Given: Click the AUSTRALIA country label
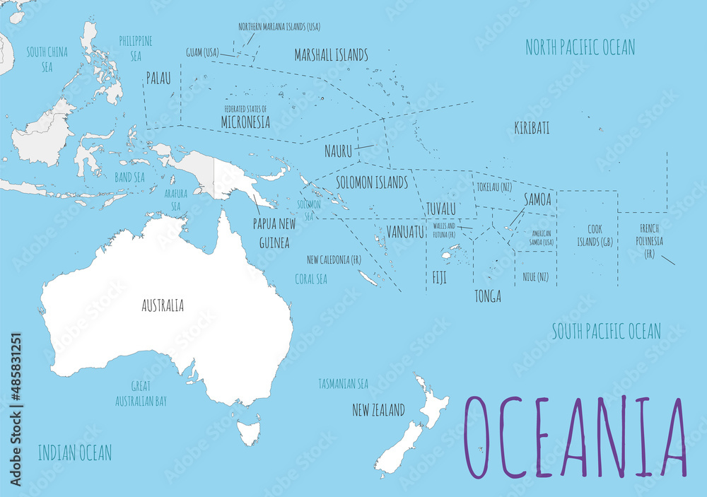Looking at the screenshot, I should point(163,305).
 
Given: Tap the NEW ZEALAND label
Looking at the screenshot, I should point(378,410).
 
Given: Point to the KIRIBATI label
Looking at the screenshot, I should point(532,129).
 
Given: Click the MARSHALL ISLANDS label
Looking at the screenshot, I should point(331,54).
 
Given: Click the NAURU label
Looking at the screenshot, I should point(338,151).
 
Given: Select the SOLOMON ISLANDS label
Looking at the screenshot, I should point(371,182).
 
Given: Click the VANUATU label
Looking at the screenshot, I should point(405,232).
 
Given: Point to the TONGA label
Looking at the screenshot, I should point(488,296).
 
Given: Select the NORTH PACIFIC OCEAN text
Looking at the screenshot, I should point(580,47).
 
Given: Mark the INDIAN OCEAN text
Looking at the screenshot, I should point(74,452).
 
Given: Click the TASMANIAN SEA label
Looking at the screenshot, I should point(343,384).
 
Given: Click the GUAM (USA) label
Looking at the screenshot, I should point(202,52).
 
